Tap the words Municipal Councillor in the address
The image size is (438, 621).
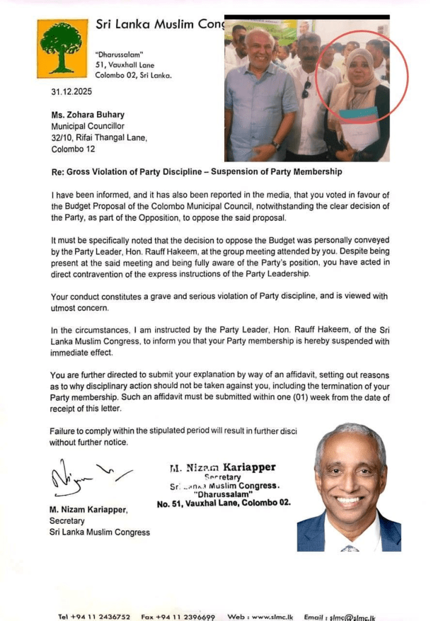coord(88,127)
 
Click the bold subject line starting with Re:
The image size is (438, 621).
coord(197,172)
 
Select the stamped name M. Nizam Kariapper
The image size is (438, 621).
coord(222,468)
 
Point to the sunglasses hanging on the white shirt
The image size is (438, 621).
coord(307,89)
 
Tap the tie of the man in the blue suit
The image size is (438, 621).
coord(350,548)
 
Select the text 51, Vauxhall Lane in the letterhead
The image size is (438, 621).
coord(125,65)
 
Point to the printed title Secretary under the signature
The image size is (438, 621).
coord(67,521)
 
